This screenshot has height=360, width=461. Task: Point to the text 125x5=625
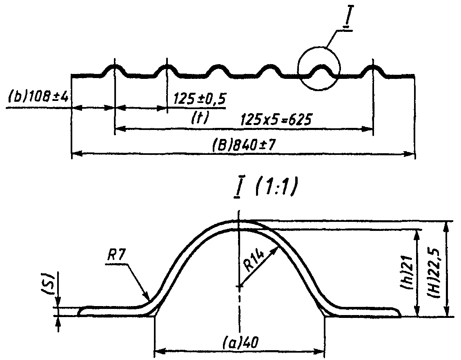pyautogui.click(x=276, y=120)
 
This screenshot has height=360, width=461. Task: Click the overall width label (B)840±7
pyautogui.click(x=243, y=145)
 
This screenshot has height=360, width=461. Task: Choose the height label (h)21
pyautogui.click(x=409, y=274)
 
